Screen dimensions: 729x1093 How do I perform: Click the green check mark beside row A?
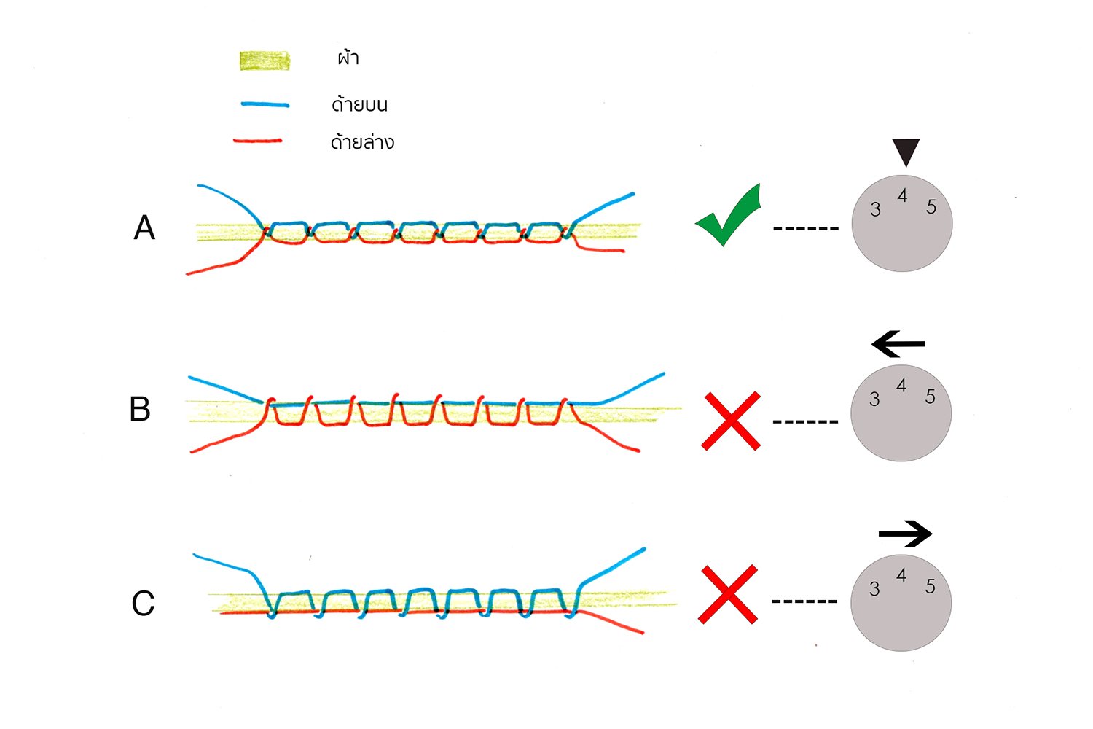[729, 219]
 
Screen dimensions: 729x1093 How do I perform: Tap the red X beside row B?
[731, 421]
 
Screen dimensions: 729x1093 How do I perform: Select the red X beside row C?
[728, 594]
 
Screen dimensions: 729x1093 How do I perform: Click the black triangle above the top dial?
[906, 151]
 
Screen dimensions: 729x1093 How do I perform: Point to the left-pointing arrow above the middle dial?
[898, 343]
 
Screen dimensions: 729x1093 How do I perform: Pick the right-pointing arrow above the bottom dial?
[905, 534]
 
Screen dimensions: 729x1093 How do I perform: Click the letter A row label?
[144, 228]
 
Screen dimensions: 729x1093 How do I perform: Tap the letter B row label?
[140, 409]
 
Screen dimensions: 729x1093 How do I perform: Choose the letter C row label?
[143, 604]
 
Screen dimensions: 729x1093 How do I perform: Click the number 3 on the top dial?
[875, 210]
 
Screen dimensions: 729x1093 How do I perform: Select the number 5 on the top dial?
[931, 207]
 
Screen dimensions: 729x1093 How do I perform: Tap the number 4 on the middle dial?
[901, 386]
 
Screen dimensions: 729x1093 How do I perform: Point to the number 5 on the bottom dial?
[930, 586]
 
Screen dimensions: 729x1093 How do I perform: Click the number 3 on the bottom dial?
[874, 589]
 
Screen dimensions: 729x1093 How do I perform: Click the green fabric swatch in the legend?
[265, 61]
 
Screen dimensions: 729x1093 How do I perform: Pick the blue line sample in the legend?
[265, 105]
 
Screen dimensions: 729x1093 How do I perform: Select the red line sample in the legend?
[258, 141]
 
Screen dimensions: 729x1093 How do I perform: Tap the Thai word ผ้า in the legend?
[348, 58]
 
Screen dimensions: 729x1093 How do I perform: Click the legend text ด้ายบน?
[359, 104]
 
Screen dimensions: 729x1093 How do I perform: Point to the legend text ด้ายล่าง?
[362, 141]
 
